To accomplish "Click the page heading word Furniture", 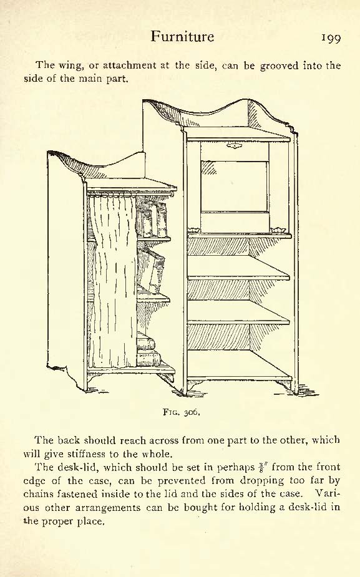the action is pos(182,36).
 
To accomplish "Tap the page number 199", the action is pos(331,38).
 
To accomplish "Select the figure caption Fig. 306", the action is pos(182,412).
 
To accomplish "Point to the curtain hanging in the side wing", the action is pos(112,281).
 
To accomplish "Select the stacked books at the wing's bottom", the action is pos(148,349).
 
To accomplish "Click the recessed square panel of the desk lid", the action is pos(234,187).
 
